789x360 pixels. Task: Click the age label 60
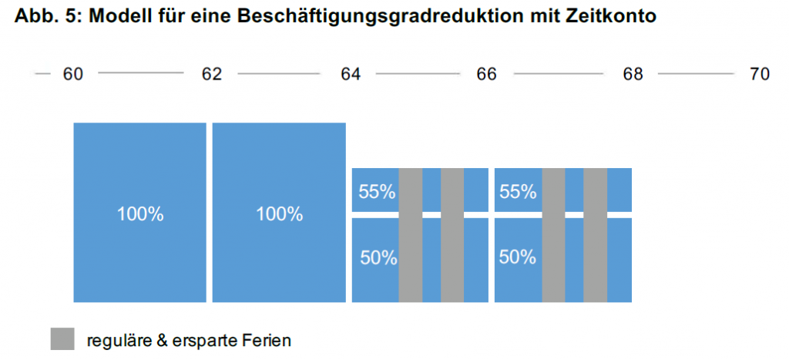pos(72,74)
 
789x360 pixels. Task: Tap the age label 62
pos(211,74)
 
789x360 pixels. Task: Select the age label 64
pos(351,74)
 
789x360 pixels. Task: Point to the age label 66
pos(486,74)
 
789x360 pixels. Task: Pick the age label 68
pos(633,74)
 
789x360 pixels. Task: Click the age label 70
pos(760,74)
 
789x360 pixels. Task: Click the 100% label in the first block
pos(140,214)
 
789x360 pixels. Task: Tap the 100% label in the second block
pos(279,214)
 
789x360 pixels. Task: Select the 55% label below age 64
pos(377,192)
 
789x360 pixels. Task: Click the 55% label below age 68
pos(518,192)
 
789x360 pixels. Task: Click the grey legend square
pos(62,339)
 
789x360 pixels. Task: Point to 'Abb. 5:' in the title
pos(49,17)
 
